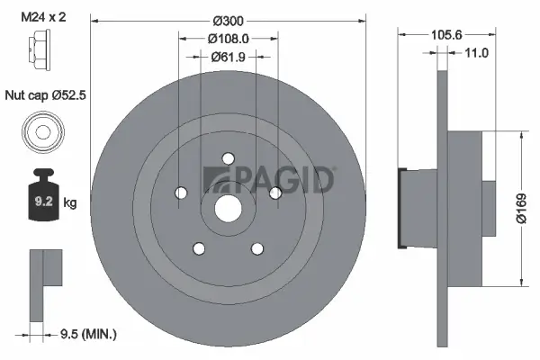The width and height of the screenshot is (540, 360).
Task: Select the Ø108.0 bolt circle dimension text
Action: [x=228, y=39]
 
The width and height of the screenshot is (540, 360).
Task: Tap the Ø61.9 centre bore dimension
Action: [x=228, y=57]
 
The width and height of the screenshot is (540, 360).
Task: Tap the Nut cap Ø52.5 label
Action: [x=43, y=94]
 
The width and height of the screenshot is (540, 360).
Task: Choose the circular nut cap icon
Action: [x=41, y=131]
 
